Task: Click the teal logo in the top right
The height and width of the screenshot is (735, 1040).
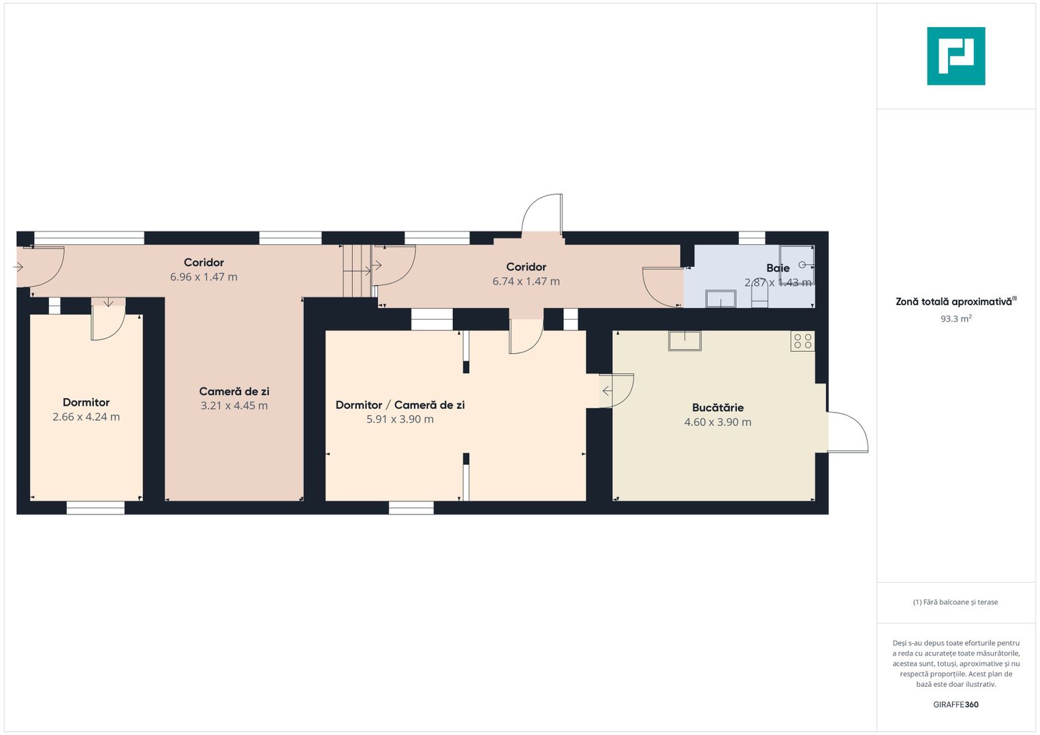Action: pyautogui.click(x=956, y=56)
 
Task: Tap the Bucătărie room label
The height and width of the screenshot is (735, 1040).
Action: pyautogui.click(x=718, y=408)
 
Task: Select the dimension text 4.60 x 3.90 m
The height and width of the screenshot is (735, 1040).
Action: pyautogui.click(x=718, y=422)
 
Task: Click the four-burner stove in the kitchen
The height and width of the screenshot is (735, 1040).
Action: pyautogui.click(x=803, y=341)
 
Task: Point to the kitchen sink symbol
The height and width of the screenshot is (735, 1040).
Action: pyautogui.click(x=684, y=340)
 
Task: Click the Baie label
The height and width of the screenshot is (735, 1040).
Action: pyautogui.click(x=778, y=268)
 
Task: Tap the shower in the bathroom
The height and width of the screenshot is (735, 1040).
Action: pyautogui.click(x=797, y=265)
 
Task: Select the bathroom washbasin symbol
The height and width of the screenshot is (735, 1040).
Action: pyautogui.click(x=721, y=299)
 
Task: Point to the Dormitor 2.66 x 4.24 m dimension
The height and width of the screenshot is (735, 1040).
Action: pyautogui.click(x=86, y=417)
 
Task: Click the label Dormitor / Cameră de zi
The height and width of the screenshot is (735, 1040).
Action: pyautogui.click(x=400, y=405)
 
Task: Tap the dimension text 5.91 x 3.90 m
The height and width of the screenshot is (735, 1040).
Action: pyautogui.click(x=400, y=419)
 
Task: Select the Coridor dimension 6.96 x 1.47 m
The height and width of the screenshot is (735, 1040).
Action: pyautogui.click(x=204, y=277)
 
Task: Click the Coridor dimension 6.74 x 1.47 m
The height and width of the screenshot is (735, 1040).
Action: pyautogui.click(x=526, y=282)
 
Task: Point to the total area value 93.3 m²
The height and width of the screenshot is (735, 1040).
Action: pyautogui.click(x=956, y=318)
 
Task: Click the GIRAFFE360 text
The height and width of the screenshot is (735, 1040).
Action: pyautogui.click(x=956, y=704)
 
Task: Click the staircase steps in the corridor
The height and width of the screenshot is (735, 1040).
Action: pyautogui.click(x=358, y=271)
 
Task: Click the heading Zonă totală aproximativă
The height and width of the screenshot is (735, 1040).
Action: pyautogui.click(x=954, y=302)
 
